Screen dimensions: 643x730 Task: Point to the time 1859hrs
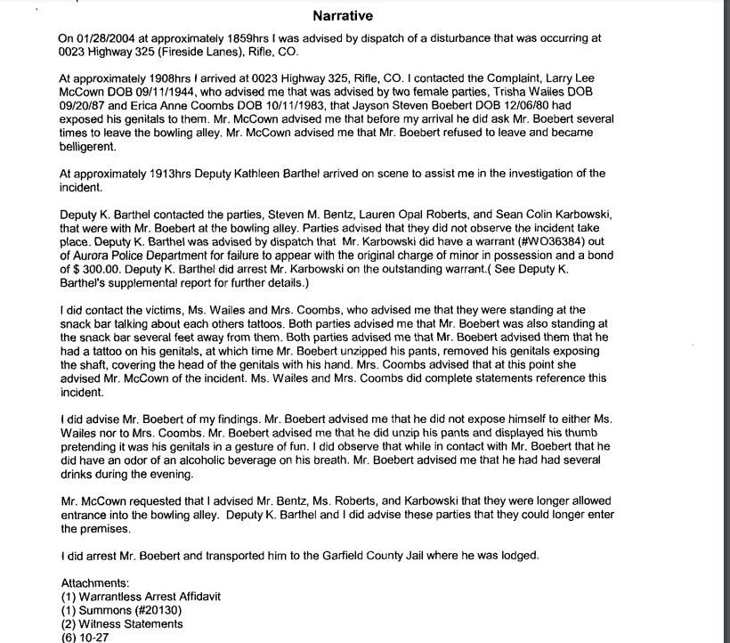tap(223, 38)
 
